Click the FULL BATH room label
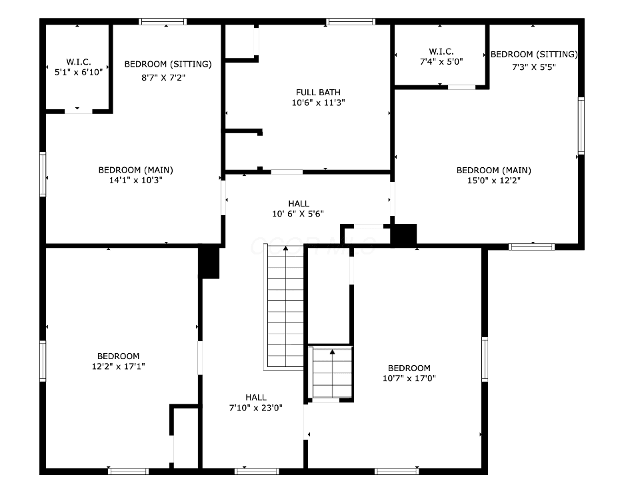tap(318, 92)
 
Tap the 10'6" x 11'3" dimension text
tap(318, 103)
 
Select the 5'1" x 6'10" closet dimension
tap(79, 72)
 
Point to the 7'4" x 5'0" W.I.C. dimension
tap(441, 61)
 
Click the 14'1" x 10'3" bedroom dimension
tap(136, 180)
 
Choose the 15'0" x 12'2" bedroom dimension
tap(494, 181)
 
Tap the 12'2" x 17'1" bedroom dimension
tap(118, 366)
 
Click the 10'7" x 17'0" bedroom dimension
tap(409, 378)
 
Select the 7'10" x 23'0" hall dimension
tap(256, 408)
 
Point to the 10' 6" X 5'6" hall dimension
tap(298, 214)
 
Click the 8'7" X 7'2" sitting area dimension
tap(163, 77)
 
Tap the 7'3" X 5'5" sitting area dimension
tap(534, 67)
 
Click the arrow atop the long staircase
tap(285, 248)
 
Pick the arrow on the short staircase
tap(332, 352)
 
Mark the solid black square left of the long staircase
tap(209, 262)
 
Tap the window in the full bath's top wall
tap(351, 21)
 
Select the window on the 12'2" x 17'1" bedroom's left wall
tap(43, 361)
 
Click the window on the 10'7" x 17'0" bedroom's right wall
tap(485, 359)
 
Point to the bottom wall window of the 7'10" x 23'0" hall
tap(257, 472)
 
